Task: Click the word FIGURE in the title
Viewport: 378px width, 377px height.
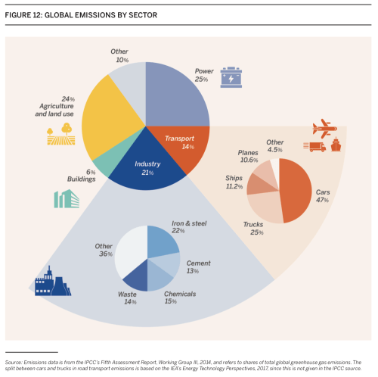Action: [x=19, y=8]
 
